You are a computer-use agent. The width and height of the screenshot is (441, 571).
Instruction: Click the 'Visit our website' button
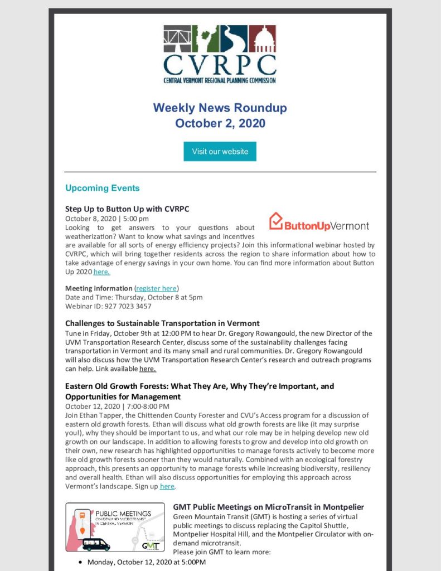220,152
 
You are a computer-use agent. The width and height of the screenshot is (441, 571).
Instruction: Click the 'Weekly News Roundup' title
220,107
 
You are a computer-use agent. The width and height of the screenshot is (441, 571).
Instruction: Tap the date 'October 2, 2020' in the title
220,123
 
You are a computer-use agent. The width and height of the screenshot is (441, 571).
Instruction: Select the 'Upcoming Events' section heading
102,188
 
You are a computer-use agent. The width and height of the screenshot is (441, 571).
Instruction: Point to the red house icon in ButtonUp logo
276,221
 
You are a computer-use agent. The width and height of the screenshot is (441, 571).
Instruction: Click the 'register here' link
156,288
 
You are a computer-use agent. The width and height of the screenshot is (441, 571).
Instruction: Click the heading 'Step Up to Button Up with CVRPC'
127,209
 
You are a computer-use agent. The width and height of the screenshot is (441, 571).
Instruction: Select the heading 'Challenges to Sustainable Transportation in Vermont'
162,323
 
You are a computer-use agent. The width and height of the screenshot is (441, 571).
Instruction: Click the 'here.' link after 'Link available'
148,369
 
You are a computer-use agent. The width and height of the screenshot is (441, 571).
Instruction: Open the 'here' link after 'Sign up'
167,486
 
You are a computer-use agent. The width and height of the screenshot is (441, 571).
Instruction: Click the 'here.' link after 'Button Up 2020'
101,272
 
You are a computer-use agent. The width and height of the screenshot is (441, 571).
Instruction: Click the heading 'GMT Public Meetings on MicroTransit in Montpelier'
268,507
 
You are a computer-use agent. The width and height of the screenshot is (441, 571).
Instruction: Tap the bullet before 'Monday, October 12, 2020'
81,562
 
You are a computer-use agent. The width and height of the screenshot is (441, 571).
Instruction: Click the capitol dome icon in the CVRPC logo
262,38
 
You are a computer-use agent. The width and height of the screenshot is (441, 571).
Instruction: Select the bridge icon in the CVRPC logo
177,38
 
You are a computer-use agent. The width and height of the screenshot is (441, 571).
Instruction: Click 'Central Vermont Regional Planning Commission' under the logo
220,80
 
